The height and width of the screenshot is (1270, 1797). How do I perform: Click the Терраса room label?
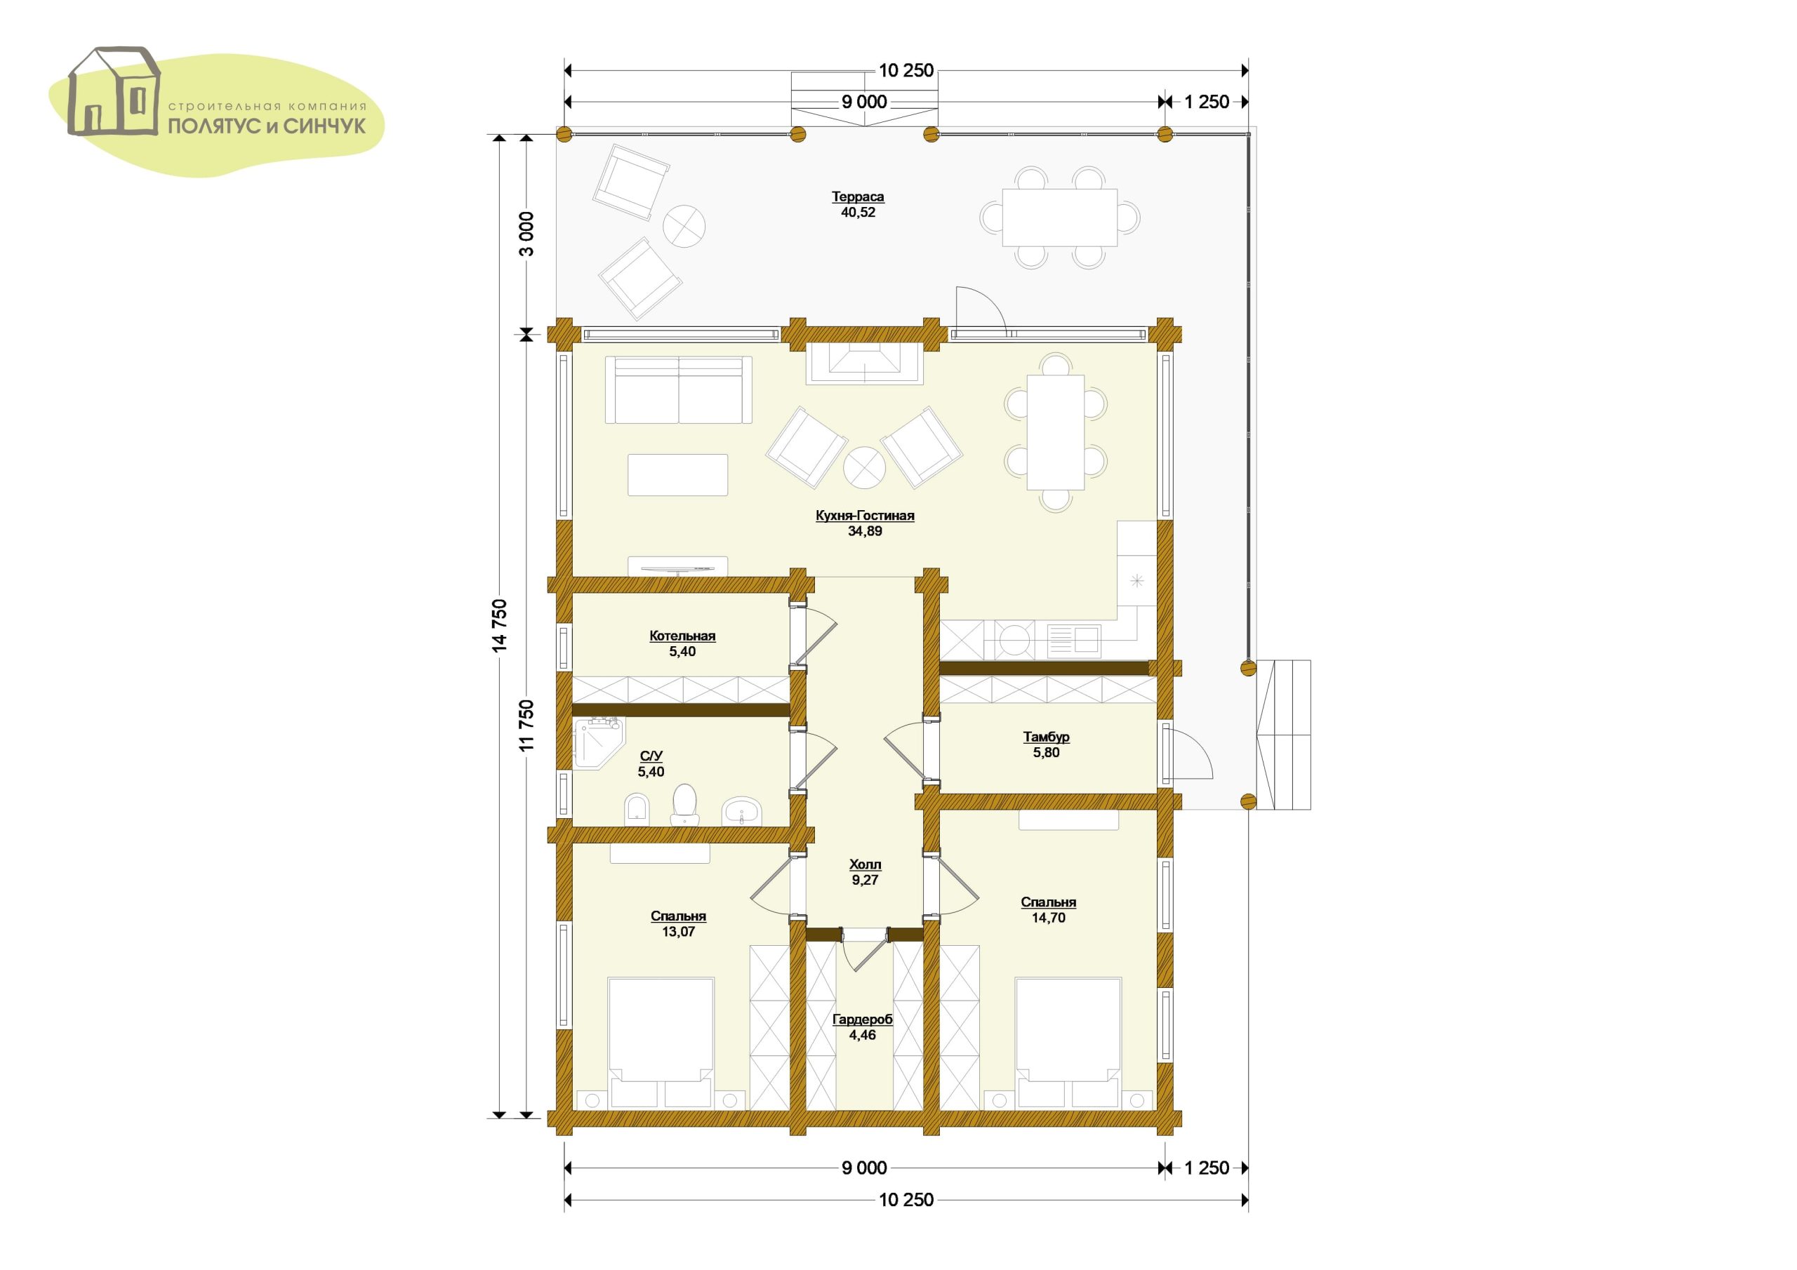(x=858, y=196)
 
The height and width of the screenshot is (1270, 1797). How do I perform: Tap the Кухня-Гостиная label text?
(x=865, y=516)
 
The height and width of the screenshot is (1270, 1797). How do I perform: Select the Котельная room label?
(x=682, y=636)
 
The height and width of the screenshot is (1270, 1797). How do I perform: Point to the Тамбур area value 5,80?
(x=1047, y=752)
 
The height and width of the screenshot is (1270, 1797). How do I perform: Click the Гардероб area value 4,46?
(x=863, y=1034)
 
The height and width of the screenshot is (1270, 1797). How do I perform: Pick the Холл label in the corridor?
(x=865, y=864)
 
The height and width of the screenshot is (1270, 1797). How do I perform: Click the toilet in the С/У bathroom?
(x=685, y=804)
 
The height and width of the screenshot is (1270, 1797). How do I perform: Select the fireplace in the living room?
(x=865, y=362)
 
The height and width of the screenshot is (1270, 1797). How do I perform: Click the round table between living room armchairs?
(x=864, y=468)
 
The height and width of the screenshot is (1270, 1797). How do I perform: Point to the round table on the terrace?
(x=684, y=226)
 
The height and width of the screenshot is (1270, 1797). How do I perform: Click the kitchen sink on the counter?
(x=1074, y=639)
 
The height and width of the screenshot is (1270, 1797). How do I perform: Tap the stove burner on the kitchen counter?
(x=1014, y=639)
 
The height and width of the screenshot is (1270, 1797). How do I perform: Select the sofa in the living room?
(x=679, y=389)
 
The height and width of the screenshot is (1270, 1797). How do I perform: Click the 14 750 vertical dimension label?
(x=500, y=625)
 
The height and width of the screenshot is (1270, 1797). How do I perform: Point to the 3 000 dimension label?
(x=526, y=233)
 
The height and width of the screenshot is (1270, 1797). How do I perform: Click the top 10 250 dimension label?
(x=906, y=70)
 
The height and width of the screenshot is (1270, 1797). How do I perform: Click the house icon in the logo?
(x=114, y=91)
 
